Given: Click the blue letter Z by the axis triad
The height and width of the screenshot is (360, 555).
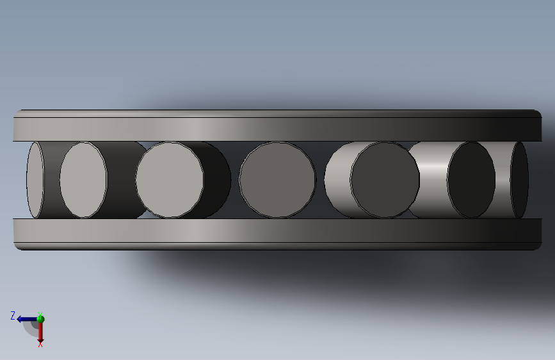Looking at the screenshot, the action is [13, 315].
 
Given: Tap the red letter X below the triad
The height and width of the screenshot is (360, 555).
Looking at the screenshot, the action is [40, 344].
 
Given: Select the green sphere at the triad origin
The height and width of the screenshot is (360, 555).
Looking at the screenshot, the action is [40, 319].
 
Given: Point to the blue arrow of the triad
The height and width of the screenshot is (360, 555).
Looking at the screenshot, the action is [28, 319].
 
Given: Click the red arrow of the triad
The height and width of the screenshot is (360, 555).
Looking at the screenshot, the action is [40, 332].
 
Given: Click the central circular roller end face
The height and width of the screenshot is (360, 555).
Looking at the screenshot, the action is [278, 179].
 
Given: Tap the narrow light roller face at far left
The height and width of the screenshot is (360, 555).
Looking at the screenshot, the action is [35, 179].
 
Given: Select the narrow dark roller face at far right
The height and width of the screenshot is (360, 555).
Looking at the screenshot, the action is [519, 179].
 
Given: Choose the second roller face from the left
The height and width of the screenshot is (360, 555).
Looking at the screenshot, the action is [83, 179].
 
